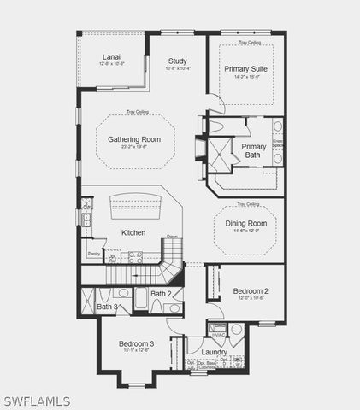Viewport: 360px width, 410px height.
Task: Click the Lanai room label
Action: click(x=112, y=56)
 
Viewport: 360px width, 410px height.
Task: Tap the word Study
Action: click(x=177, y=61)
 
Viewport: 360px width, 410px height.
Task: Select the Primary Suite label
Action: click(x=246, y=68)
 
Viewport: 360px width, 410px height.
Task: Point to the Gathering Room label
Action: click(x=134, y=138)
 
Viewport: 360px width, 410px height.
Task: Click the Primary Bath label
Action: click(x=255, y=150)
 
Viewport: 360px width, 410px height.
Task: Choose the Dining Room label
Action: click(x=246, y=223)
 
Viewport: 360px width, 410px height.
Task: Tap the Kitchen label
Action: click(x=133, y=232)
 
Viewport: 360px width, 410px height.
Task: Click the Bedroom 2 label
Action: click(x=251, y=291)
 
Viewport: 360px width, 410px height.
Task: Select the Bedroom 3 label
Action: click(x=136, y=343)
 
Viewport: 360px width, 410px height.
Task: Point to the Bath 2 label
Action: click(x=162, y=294)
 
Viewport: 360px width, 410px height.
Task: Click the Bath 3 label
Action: click(x=107, y=307)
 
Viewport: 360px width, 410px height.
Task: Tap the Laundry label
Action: click(x=214, y=352)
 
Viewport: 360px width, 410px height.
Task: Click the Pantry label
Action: click(x=94, y=254)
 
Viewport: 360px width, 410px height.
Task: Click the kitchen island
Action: click(x=134, y=205)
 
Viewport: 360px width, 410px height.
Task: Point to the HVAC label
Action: click(x=218, y=334)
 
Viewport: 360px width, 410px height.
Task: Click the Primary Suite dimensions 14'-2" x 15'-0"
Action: click(x=246, y=77)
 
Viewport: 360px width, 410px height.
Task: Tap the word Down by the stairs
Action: click(x=172, y=237)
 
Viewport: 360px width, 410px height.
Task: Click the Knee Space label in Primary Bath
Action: click(x=278, y=144)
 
